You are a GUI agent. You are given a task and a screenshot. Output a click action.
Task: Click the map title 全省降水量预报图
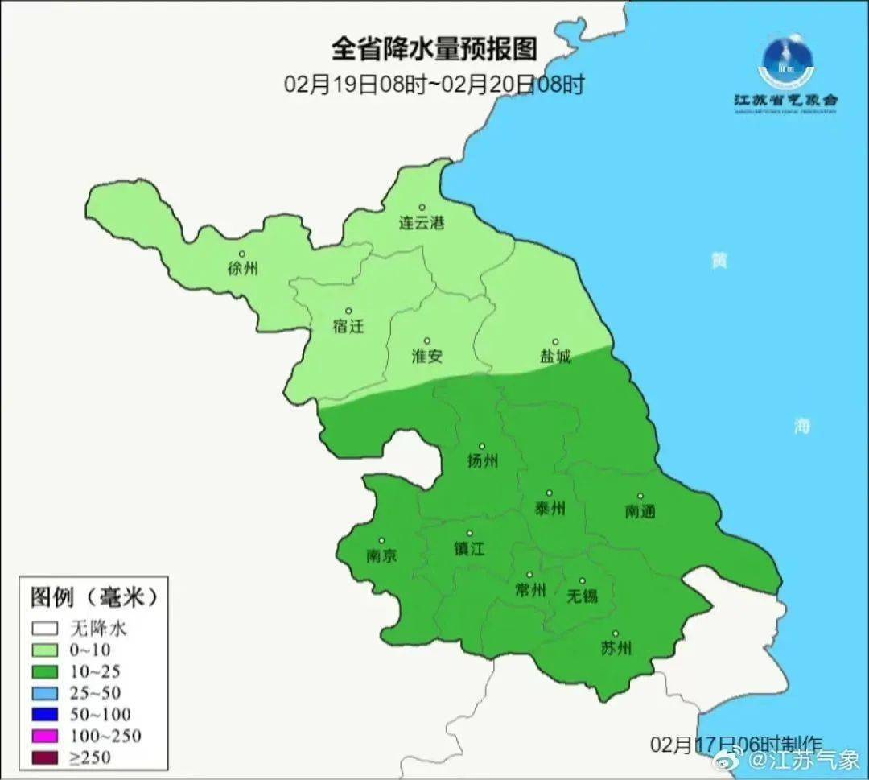[434, 50]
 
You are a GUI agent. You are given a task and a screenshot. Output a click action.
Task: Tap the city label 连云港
[422, 224]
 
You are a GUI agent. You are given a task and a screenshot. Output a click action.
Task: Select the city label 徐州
[243, 269]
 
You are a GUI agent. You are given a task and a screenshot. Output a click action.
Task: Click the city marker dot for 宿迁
[348, 311]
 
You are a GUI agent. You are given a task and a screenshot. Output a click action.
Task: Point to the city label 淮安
[427, 357]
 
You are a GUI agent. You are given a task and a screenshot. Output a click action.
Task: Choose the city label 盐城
[554, 357]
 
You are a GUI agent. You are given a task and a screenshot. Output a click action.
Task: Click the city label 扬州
[483, 461]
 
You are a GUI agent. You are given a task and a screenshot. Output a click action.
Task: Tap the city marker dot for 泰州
[550, 493]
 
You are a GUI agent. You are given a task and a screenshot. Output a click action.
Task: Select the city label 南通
[640, 511]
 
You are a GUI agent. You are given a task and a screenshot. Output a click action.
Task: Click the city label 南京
[381, 556]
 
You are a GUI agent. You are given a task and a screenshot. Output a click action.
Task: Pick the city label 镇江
[470, 549]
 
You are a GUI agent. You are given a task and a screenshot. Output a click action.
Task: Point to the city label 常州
[529, 590]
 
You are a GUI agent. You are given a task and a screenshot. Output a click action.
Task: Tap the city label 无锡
[582, 596]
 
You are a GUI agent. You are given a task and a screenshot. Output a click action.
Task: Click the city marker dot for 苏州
[616, 633]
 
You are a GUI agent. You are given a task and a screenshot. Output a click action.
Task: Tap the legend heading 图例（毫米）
[92, 597]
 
